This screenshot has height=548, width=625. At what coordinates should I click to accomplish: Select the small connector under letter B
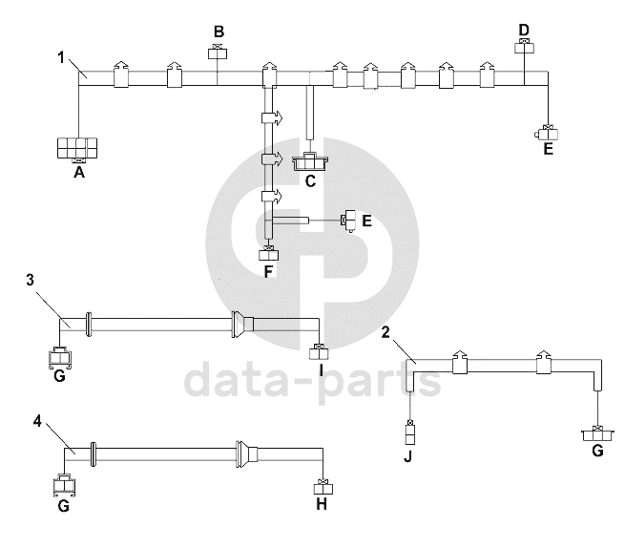click(x=219, y=52)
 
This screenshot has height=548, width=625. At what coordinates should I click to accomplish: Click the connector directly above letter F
click(x=269, y=253)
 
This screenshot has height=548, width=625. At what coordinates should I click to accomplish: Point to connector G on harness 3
click(x=59, y=358)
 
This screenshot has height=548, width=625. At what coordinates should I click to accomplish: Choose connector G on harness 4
click(x=64, y=485)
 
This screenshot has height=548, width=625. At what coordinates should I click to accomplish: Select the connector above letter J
click(x=410, y=434)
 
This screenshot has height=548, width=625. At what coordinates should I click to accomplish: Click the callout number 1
click(x=61, y=57)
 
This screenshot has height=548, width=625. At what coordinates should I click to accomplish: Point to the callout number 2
click(x=385, y=331)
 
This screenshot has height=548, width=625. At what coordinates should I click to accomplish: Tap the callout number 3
click(x=31, y=279)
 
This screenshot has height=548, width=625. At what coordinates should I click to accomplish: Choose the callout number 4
click(x=37, y=419)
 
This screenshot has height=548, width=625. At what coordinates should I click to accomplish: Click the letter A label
click(x=79, y=174)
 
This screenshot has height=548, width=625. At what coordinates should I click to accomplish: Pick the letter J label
click(x=410, y=456)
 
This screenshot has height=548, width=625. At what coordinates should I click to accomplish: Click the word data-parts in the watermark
click(x=312, y=379)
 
